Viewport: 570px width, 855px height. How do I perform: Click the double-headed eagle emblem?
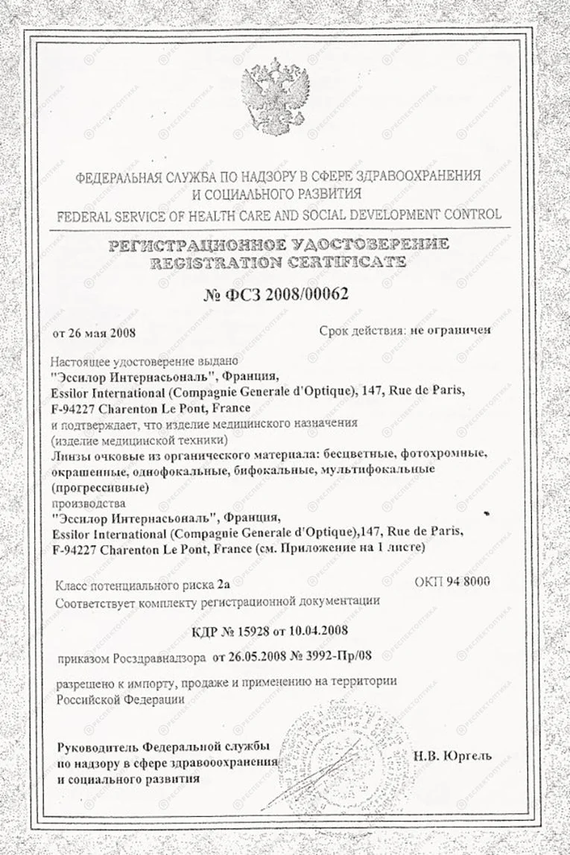(275, 96)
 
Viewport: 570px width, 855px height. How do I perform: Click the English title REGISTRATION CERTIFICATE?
(278, 262)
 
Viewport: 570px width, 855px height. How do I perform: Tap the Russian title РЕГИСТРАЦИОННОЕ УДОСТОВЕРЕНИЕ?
(279, 244)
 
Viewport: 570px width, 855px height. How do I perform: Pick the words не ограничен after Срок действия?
(449, 331)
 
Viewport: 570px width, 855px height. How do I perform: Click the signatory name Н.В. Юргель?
(452, 755)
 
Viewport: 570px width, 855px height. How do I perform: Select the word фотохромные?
(440, 455)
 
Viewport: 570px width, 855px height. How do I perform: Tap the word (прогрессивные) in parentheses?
(101, 488)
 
